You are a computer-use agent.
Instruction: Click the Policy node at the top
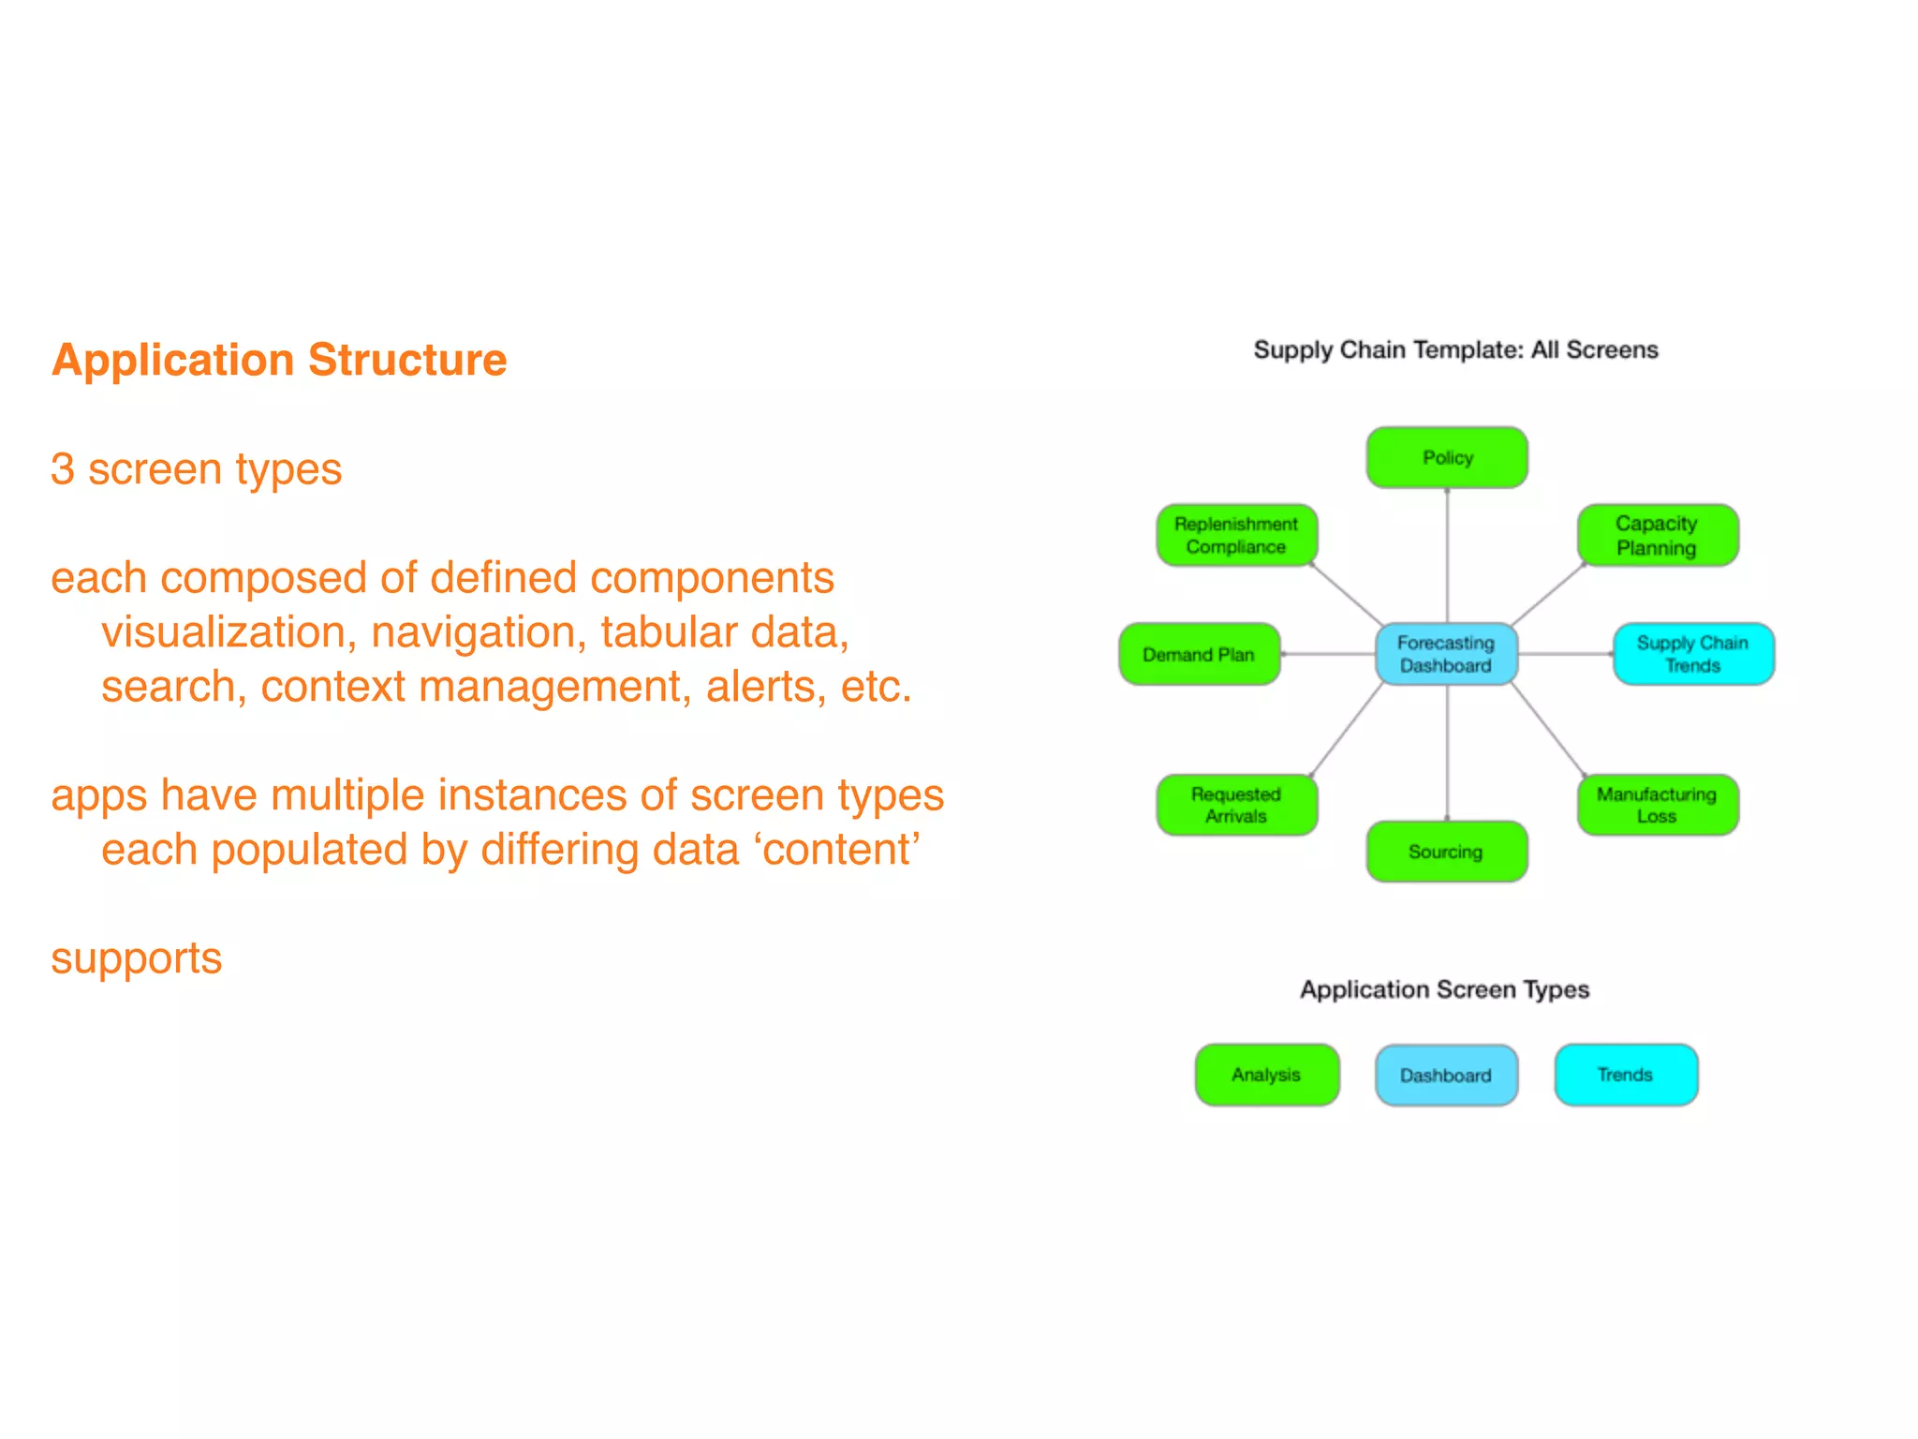1447,457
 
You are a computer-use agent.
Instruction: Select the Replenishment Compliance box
1236,535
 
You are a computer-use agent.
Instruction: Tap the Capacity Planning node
1657,535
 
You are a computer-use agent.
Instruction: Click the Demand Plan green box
1199,654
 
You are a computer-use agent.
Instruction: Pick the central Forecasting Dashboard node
1446,654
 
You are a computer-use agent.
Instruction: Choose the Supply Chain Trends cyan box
1692,654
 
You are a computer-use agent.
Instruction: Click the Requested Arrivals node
1236,805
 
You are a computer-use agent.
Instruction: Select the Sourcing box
1446,852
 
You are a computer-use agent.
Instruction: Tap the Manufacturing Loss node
1657,805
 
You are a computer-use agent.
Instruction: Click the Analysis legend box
1266,1075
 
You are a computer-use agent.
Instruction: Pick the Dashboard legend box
1446,1075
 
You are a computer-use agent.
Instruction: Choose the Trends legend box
1626,1075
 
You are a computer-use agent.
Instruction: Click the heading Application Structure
279,360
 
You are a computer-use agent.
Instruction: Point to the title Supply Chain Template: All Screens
1455,349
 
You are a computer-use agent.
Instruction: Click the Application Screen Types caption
1444,989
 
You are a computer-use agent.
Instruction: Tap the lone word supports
137,958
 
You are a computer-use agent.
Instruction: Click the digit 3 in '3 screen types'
63,469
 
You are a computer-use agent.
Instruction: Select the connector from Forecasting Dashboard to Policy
1447,557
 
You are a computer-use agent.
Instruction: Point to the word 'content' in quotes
837,850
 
